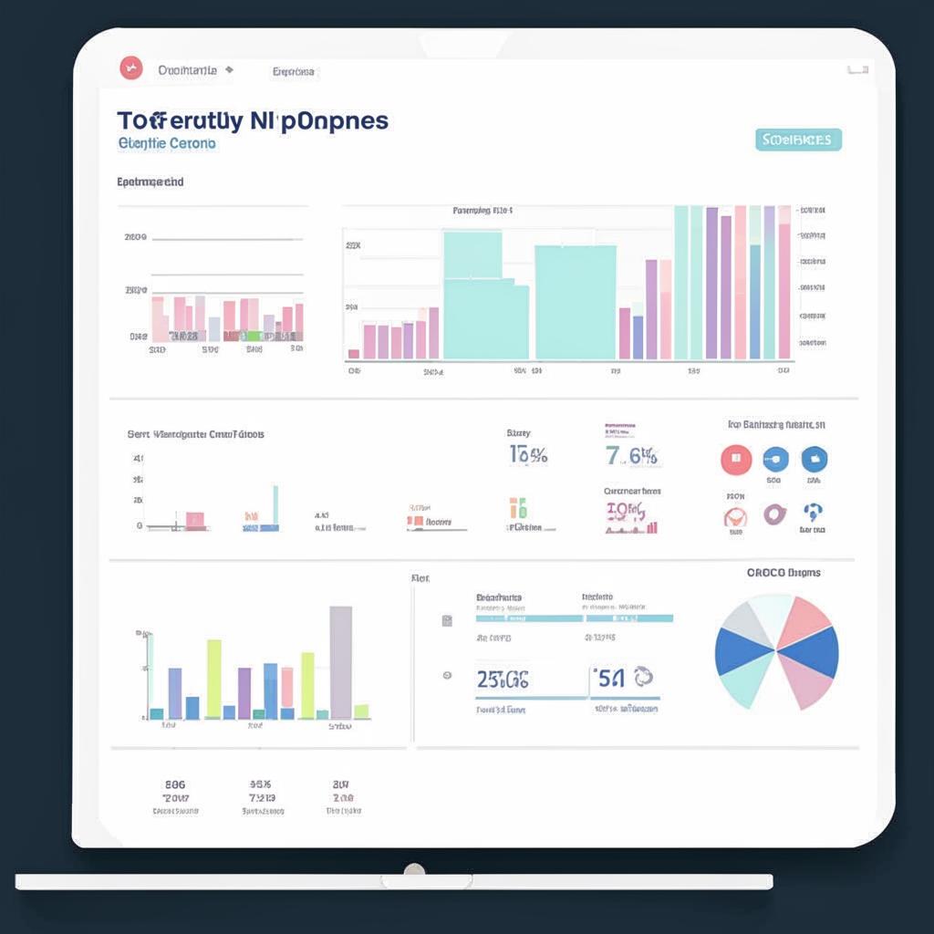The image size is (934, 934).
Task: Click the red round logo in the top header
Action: [x=131, y=67]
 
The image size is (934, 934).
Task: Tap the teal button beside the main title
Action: [x=798, y=140]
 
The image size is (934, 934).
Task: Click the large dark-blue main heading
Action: [x=253, y=121]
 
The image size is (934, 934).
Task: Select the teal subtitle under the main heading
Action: [x=167, y=144]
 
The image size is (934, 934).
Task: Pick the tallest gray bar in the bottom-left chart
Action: [x=340, y=662]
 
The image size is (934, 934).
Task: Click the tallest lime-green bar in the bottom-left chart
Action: [x=213, y=679]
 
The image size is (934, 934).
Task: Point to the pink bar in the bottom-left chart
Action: [x=287, y=688]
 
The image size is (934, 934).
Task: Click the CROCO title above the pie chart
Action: [x=784, y=573]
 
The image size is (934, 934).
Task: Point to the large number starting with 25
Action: [x=503, y=679]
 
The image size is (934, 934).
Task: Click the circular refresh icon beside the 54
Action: [x=644, y=677]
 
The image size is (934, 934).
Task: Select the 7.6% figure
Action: [x=631, y=455]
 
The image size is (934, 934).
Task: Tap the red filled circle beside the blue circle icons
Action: [x=736, y=460]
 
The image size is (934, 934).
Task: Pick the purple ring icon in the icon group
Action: [x=774, y=514]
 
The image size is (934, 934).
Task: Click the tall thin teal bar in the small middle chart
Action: [x=275, y=506]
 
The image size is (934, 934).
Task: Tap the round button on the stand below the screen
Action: [x=414, y=870]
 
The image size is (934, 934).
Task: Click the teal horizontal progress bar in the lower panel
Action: [x=575, y=618]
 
